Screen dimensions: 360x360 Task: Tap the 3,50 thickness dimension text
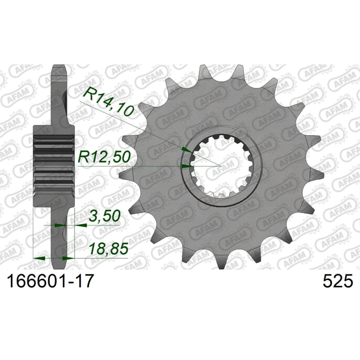click(x=104, y=216)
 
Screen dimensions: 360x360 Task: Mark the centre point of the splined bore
click(x=220, y=166)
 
